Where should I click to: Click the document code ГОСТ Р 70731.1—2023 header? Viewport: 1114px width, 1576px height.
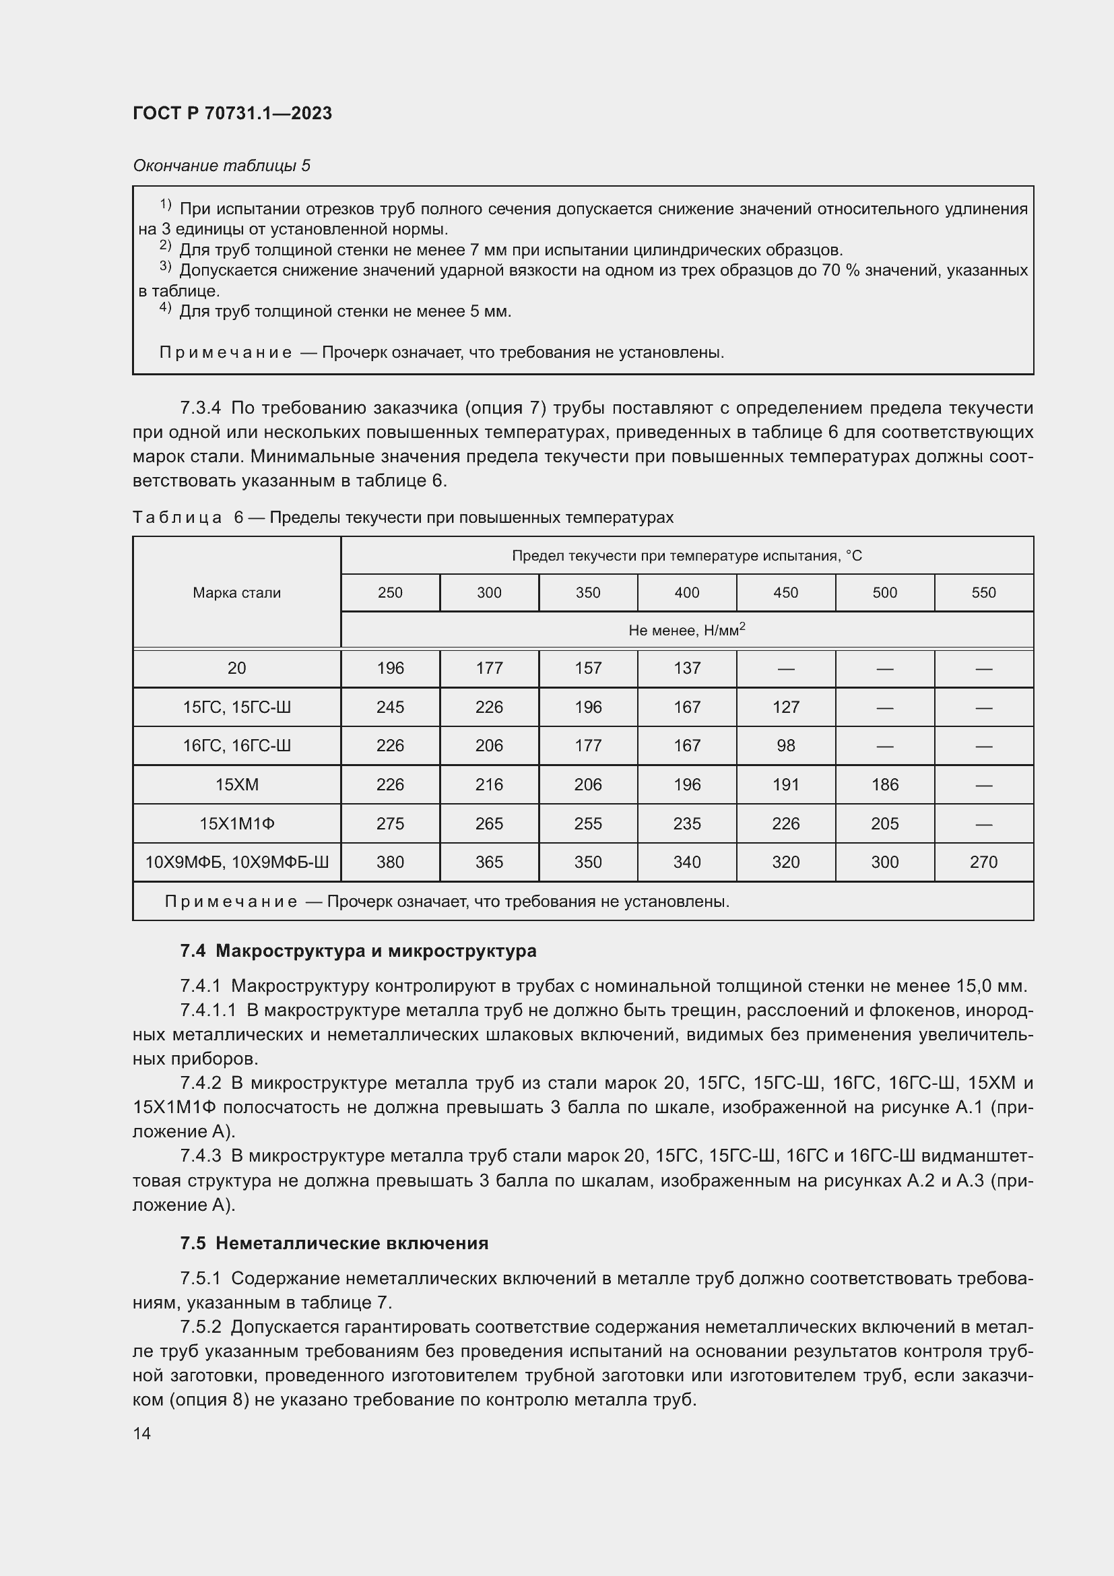[232, 113]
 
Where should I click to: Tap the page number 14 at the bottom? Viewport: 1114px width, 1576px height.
[142, 1433]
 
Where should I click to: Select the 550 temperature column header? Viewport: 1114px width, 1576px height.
[983, 592]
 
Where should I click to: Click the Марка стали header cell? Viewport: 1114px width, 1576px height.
[236, 592]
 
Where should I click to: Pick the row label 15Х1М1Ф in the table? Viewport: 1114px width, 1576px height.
[236, 823]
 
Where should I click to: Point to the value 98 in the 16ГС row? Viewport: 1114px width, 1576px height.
[785, 745]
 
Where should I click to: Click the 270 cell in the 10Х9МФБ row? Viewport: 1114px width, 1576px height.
[983, 862]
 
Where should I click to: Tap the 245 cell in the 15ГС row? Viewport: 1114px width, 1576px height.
[391, 707]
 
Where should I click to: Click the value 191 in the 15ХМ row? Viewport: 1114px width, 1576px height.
[785, 784]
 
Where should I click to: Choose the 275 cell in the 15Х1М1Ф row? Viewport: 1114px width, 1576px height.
[391, 823]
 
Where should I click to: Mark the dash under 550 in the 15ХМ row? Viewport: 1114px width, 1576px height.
[983, 784]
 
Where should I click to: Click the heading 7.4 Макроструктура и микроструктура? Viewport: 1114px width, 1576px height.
[358, 951]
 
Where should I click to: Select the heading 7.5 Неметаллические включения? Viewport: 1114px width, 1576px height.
[334, 1243]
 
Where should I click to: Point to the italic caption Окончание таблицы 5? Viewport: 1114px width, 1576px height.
[222, 166]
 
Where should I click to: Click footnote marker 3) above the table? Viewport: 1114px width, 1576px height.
[165, 266]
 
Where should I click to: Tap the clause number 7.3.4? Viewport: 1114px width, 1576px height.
[200, 408]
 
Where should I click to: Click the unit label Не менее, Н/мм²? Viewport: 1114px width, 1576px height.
[686, 629]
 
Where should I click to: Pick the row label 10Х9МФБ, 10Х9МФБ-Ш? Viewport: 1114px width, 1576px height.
[236, 862]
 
